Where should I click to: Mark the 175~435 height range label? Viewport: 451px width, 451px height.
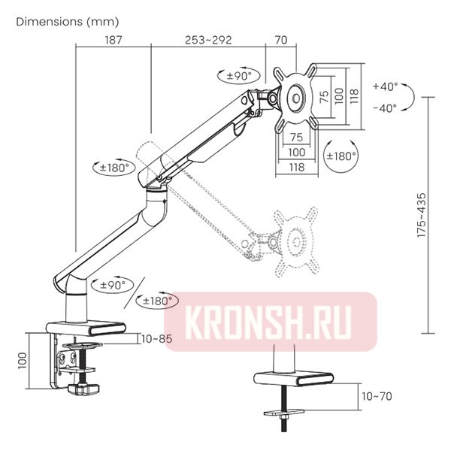click(429, 216)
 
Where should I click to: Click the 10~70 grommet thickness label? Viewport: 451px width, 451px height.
click(377, 396)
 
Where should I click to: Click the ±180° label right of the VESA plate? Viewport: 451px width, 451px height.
click(341, 156)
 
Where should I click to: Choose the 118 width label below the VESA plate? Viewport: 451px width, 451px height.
click(296, 167)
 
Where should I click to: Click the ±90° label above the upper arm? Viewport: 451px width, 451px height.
click(243, 76)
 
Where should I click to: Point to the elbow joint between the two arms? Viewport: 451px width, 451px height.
click(158, 185)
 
